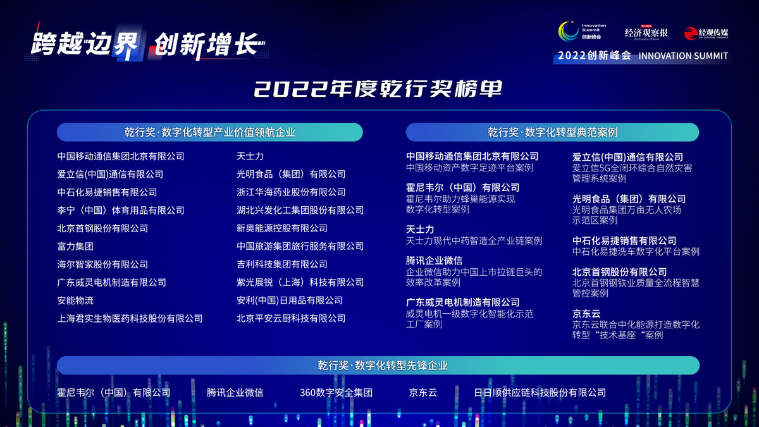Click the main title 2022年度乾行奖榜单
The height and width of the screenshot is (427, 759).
(378, 89)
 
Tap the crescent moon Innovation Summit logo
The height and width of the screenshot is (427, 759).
(568, 32)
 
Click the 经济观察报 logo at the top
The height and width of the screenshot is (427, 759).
(646, 33)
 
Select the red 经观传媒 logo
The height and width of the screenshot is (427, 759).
(706, 33)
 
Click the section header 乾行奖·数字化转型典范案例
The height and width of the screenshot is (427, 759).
(552, 132)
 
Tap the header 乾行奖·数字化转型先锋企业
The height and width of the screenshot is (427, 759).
(382, 366)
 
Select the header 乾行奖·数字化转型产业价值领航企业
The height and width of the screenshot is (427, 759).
(210, 132)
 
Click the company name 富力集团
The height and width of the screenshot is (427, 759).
(75, 246)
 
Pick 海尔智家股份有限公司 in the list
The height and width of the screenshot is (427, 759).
(102, 264)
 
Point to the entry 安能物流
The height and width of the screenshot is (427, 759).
(75, 300)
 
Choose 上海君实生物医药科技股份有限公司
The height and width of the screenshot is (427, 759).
(130, 319)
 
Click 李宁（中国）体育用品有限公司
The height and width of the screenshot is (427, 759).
(121, 210)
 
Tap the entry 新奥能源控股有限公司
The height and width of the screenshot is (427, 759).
(282, 228)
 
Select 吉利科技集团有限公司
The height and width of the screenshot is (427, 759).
(282, 264)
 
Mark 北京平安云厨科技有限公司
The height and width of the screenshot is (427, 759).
(291, 319)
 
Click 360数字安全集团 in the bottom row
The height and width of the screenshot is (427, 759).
(336, 392)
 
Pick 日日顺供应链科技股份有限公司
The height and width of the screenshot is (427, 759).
(540, 392)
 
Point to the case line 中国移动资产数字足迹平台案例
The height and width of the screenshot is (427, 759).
(469, 168)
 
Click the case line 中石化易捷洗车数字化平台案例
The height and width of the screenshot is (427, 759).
(636, 252)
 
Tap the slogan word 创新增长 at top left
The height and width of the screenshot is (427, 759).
(209, 45)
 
